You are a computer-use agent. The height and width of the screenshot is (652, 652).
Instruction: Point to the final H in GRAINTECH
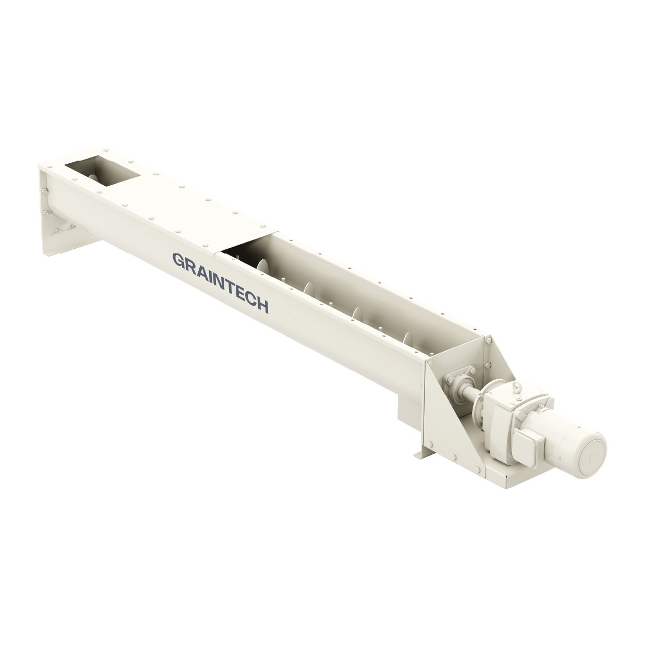[263, 306]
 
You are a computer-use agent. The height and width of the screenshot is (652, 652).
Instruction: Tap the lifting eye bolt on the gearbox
[516, 388]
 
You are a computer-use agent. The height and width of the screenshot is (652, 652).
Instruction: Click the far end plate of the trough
[50, 209]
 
